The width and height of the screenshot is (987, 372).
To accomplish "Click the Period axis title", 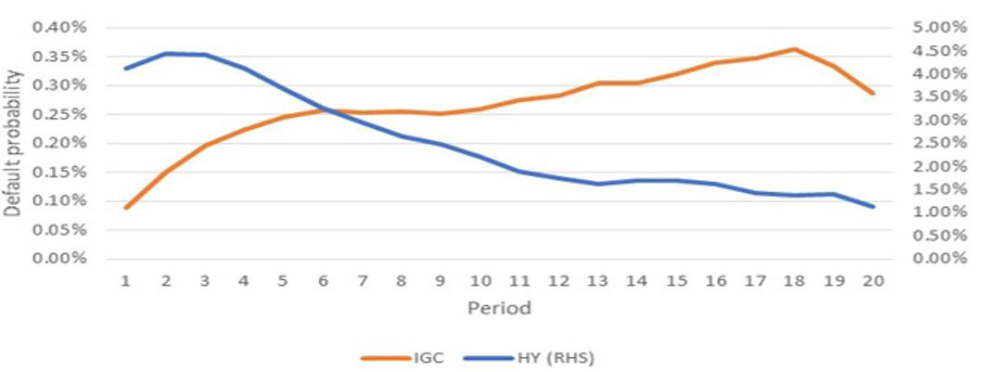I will click(x=500, y=307).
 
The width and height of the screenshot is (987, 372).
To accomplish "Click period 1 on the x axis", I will click(x=126, y=280).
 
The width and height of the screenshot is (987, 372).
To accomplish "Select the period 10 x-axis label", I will click(x=480, y=280).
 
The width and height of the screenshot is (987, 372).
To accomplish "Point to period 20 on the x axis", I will click(x=872, y=280).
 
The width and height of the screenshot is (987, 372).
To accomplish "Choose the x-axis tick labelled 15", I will click(x=676, y=280).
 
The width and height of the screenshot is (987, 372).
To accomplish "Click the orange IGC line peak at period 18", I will click(x=794, y=48).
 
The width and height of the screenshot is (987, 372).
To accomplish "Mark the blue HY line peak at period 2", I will click(x=165, y=53).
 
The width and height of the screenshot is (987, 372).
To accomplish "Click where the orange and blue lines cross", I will click(x=326, y=110).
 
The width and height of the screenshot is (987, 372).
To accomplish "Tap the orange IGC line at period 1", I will click(x=126, y=207).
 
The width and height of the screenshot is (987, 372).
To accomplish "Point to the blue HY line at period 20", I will click(x=872, y=206).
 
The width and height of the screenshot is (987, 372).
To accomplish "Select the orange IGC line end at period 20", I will click(x=872, y=93).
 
